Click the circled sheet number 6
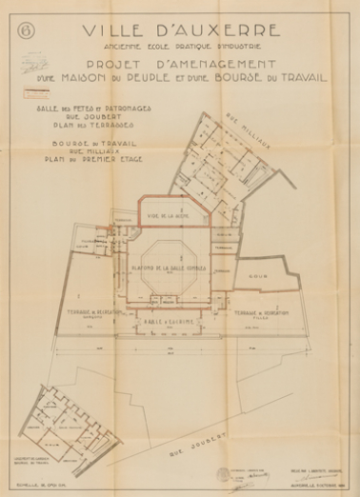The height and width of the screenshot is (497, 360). (x=25, y=30)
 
